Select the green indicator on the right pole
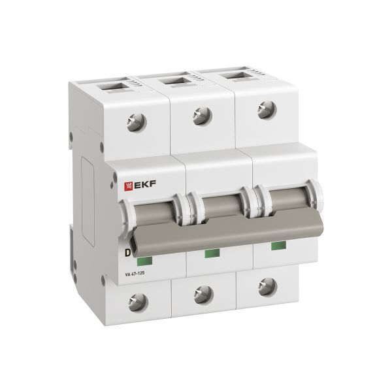click(278, 245)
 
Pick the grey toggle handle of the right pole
click(286, 201)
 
